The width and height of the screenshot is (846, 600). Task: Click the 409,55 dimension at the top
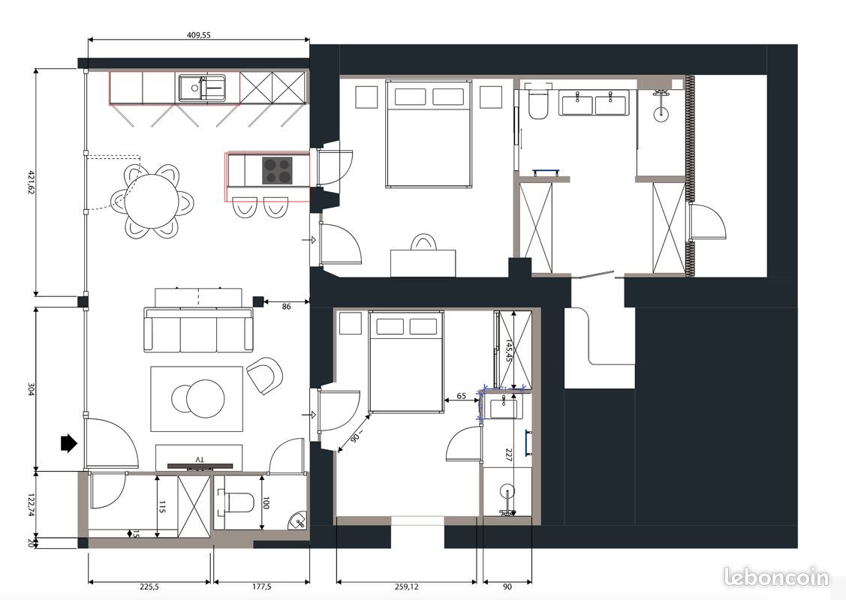pos(198,34)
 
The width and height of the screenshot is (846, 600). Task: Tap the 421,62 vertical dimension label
pos(31,183)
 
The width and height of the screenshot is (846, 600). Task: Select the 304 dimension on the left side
pos(31,390)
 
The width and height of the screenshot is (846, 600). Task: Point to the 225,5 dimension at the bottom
pos(150,587)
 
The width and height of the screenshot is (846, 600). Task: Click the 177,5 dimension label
pos(261,587)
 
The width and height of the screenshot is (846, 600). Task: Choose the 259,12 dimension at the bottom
pos(406,587)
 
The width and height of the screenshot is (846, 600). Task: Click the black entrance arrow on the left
pos(68,443)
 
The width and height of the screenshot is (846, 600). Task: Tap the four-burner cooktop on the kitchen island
pos(277,170)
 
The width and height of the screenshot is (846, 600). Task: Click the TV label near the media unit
pos(199,458)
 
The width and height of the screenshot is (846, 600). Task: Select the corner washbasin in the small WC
pos(299,520)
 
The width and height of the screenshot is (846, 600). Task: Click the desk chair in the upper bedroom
pos(423,241)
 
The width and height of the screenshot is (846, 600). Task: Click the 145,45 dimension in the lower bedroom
pos(509,349)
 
